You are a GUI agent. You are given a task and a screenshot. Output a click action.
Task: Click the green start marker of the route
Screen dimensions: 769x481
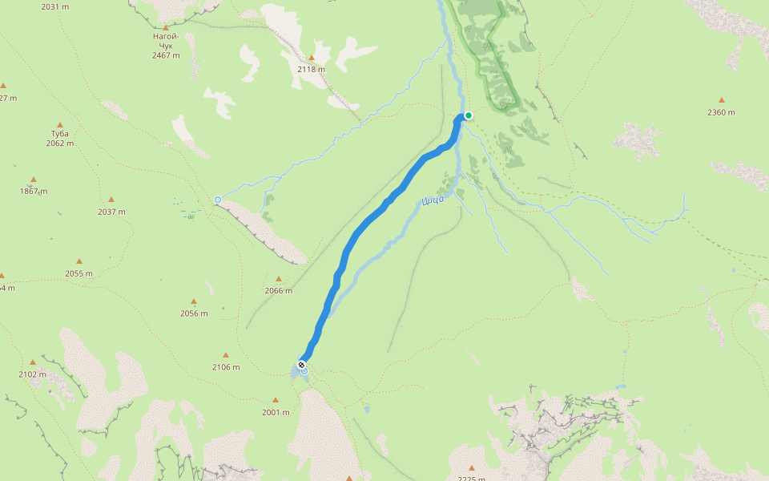pyautogui.click(x=469, y=115)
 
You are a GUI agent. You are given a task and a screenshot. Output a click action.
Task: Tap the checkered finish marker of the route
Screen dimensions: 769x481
pyautogui.click(x=301, y=365)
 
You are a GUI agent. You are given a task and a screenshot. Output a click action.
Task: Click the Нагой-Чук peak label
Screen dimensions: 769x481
pyautogui.click(x=166, y=41)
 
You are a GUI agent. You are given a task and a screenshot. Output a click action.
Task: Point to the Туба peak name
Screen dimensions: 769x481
pyautogui.click(x=59, y=133)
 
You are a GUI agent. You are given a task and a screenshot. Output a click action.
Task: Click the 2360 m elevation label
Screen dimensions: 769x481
pyautogui.click(x=721, y=112)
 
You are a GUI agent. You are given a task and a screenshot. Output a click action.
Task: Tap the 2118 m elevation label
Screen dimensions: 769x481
pyautogui.click(x=311, y=70)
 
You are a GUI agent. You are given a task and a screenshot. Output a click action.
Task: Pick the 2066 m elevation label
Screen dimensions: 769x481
pyautogui.click(x=278, y=291)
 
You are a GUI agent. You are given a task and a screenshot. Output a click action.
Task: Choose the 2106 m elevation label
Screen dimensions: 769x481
pyautogui.click(x=226, y=367)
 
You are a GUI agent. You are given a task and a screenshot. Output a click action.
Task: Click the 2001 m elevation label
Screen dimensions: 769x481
pyautogui.click(x=276, y=412)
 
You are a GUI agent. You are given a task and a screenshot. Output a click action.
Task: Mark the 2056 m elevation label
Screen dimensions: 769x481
pyautogui.click(x=194, y=313)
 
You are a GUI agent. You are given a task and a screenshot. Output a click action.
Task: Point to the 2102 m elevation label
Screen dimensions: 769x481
pyautogui.click(x=33, y=374)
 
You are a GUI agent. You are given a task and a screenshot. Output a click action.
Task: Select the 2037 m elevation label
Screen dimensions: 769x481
pyautogui.click(x=111, y=212)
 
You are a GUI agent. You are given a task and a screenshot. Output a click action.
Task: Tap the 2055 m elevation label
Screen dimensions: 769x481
pyautogui.click(x=79, y=273)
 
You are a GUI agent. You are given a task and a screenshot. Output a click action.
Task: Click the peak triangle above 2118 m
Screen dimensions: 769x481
pyautogui.click(x=312, y=58)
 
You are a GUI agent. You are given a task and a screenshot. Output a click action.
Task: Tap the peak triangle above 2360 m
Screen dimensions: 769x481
pyautogui.click(x=721, y=100)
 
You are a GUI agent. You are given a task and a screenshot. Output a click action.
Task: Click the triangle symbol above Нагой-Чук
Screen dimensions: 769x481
pyautogui.click(x=166, y=27)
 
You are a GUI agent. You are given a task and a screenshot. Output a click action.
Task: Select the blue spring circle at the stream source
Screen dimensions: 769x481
pyautogui.click(x=217, y=199)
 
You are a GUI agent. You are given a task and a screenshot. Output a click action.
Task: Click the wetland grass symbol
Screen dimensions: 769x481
pyautogui.click(x=191, y=216)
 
